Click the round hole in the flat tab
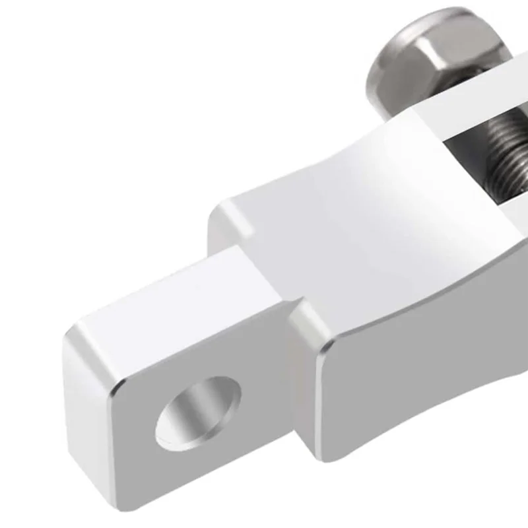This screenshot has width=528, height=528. (197, 413)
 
